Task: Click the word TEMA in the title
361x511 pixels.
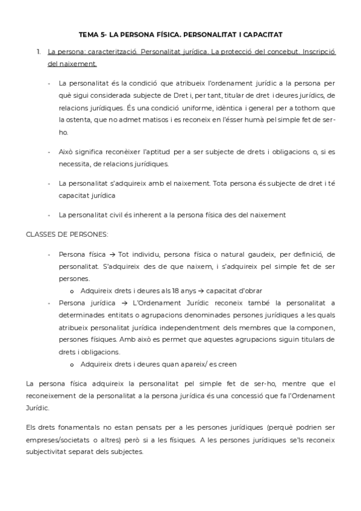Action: [89, 35]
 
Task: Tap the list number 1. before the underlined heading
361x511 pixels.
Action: [39, 52]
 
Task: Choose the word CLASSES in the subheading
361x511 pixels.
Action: [41, 233]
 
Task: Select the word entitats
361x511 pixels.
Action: [127, 315]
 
